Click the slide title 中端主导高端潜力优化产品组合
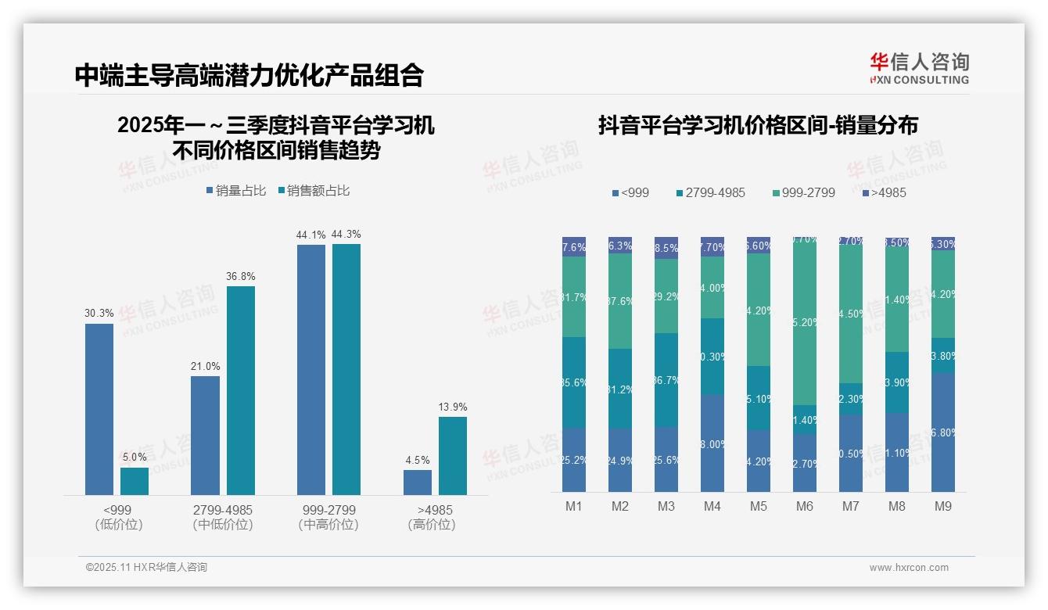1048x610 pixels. coord(249,74)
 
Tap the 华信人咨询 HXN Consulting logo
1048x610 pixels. coord(919,69)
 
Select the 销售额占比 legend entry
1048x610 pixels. coord(314,191)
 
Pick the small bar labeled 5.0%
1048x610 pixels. coord(135,481)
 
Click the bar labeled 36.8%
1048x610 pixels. coord(241,389)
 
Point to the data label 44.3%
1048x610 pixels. coord(346,235)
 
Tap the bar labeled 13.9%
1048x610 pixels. coord(452,455)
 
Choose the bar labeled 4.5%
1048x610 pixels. coord(418,482)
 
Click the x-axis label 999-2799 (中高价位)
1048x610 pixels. coord(328,517)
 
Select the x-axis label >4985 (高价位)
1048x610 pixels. coord(431,517)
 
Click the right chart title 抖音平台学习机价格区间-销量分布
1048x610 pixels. coord(758,125)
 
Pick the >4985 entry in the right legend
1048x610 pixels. coord(885,192)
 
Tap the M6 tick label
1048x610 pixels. coord(805,507)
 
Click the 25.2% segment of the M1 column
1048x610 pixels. coord(574,460)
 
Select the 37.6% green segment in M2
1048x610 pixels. coord(620,301)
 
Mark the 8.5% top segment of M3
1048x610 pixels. coord(666,247)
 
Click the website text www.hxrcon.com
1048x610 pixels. coord(908,568)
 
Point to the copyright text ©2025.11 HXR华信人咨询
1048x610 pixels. coord(146,568)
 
